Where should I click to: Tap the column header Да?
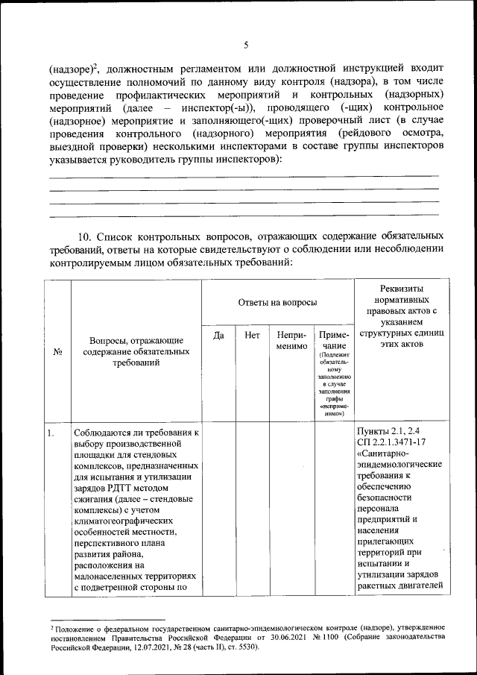(218, 336)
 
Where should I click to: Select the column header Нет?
(252, 336)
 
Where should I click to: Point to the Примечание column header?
(333, 341)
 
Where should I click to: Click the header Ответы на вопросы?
(277, 302)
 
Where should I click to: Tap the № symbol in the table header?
(57, 352)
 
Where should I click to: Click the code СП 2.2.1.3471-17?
(394, 443)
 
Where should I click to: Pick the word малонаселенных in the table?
(118, 577)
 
